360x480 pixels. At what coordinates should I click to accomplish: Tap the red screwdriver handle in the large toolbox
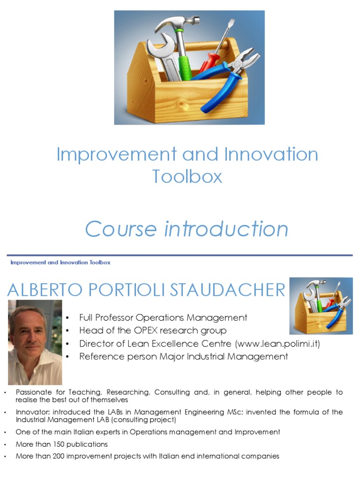click(207, 63)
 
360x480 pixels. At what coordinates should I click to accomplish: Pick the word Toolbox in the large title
click(187, 176)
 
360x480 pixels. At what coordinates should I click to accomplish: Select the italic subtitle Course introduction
click(187, 229)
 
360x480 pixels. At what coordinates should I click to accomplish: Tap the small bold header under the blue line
click(60, 262)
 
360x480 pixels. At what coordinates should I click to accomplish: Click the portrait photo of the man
click(35, 342)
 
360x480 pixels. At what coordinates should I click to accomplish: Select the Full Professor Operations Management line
click(163, 317)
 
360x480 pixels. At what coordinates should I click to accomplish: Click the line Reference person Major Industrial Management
click(183, 357)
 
